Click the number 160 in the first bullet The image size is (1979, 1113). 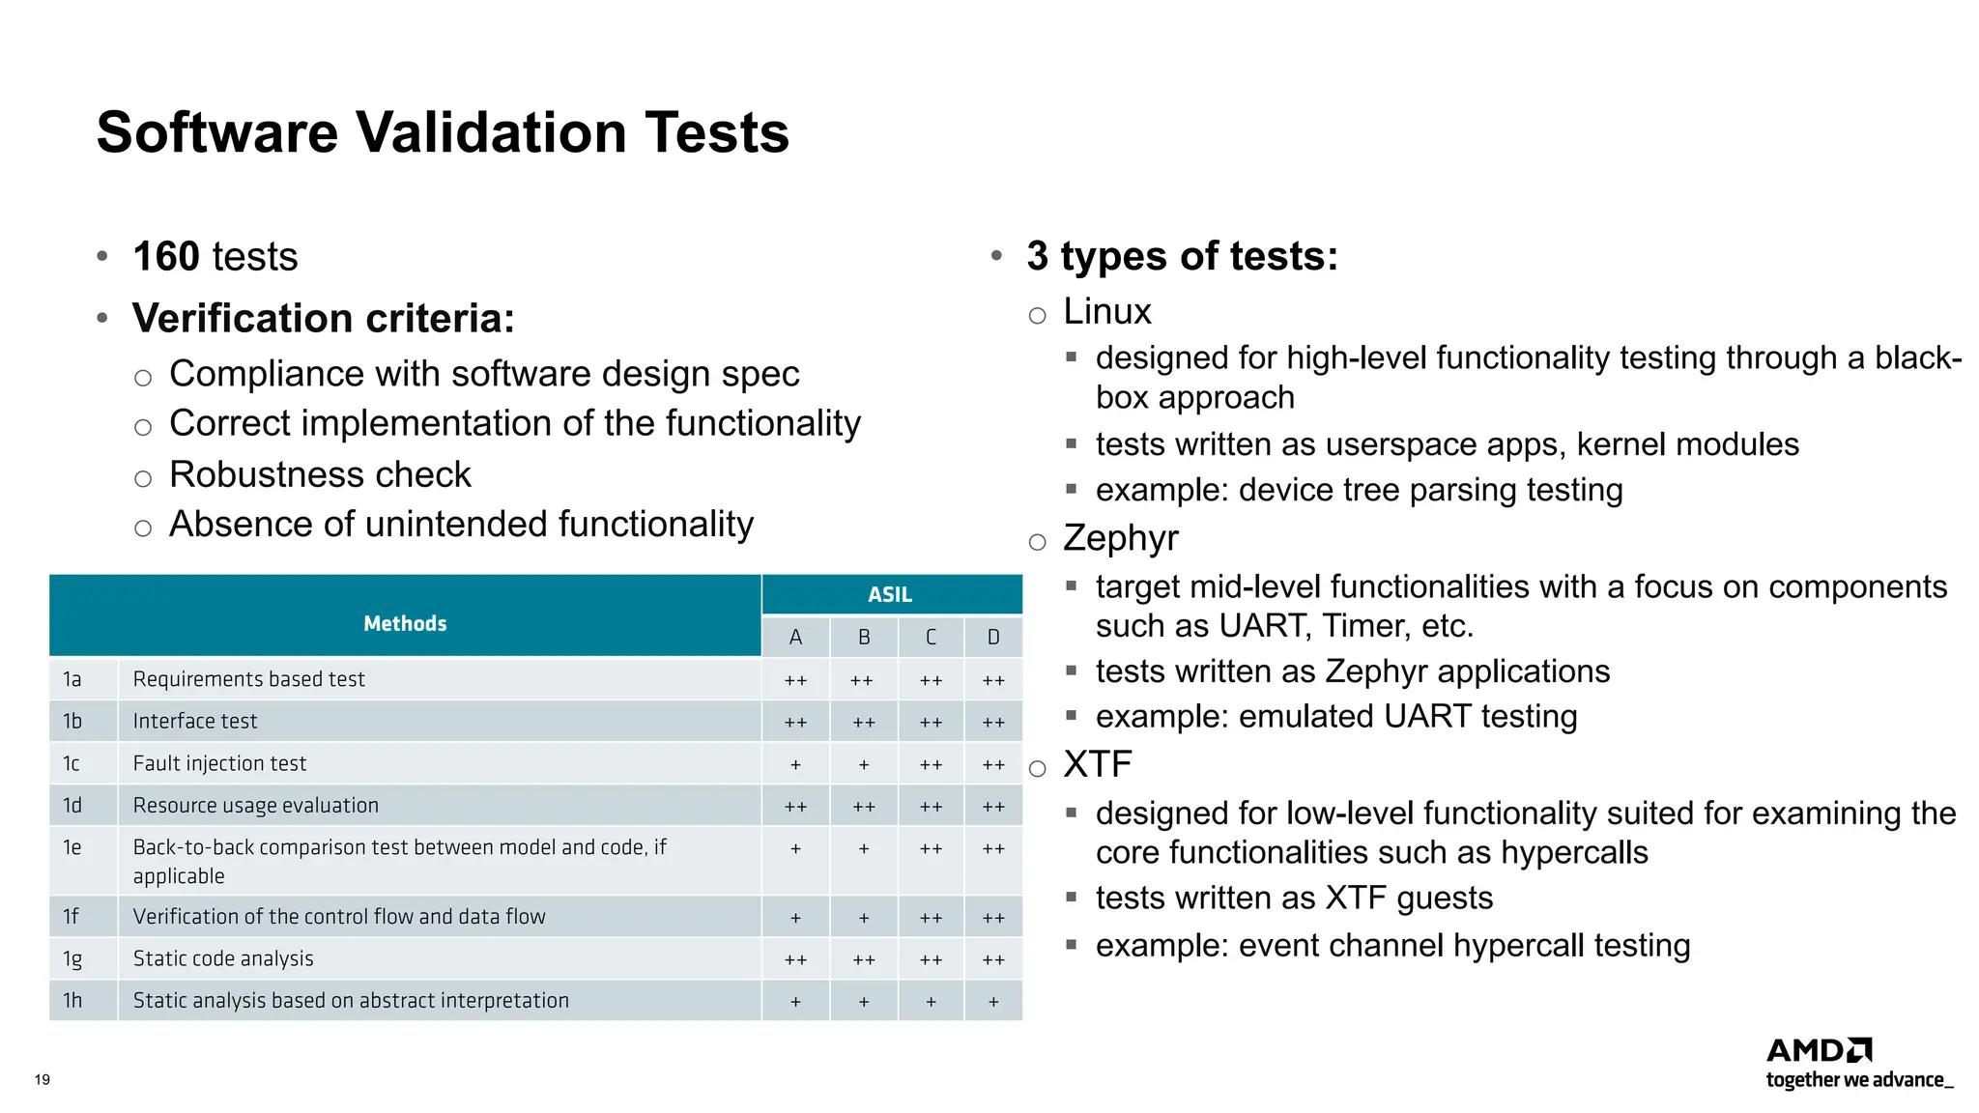coord(166,257)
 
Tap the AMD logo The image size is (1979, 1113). coord(1819,1050)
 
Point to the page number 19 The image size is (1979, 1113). coord(43,1079)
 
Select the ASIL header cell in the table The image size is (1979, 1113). coord(890,594)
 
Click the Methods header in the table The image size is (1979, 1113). coord(405,623)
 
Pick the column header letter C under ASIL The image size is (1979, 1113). coord(931,638)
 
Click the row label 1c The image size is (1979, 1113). coord(72,763)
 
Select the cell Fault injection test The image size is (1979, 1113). coord(219,763)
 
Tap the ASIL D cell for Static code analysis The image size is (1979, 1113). coord(993,959)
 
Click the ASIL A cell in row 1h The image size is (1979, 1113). coord(795,1002)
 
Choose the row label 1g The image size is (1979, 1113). coord(72,959)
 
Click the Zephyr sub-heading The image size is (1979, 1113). coord(1121,538)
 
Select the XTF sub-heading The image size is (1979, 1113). coord(1097,764)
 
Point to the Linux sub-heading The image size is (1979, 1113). coord(1107,312)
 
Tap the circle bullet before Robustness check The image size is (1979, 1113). coord(143,478)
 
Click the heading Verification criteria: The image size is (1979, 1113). coord(324,319)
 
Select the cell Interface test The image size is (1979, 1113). coord(195,721)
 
